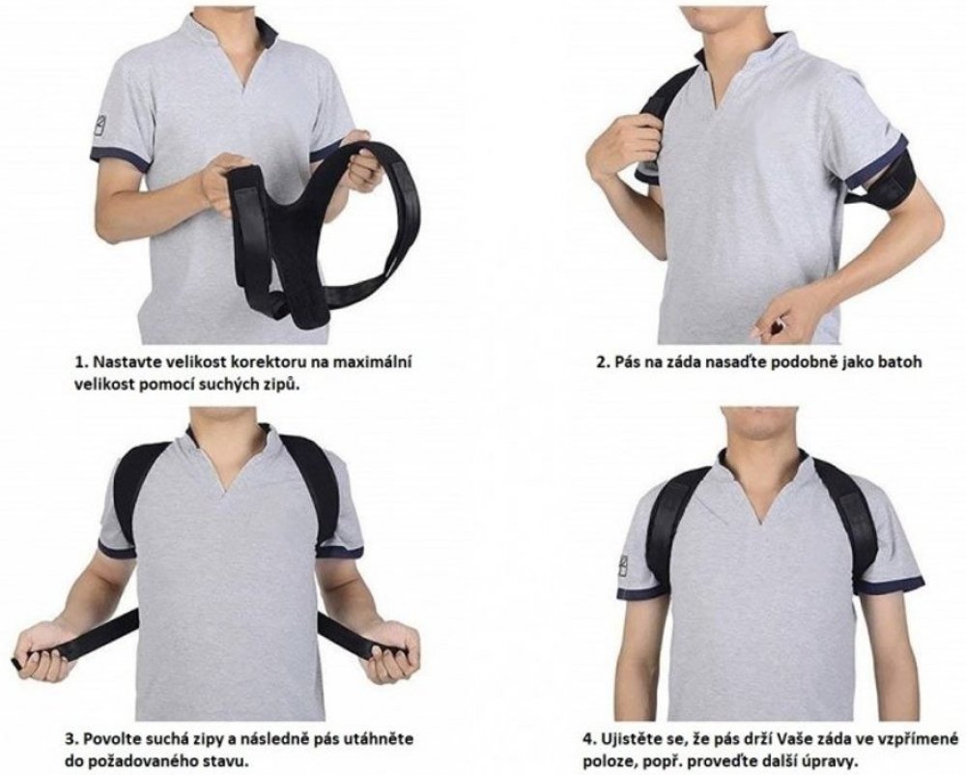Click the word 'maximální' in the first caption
pos(372,361)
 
